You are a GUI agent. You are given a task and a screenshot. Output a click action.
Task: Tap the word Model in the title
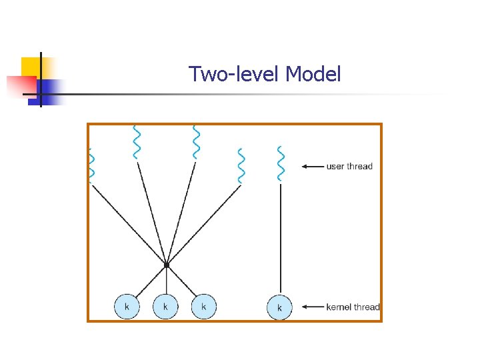(x=313, y=74)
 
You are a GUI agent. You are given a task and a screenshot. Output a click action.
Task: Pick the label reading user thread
(x=349, y=166)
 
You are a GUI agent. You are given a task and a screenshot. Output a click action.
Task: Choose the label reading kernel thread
(x=353, y=307)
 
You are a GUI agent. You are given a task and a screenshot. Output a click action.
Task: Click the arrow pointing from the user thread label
(x=312, y=166)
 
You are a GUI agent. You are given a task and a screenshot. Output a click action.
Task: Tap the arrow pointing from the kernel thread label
(x=312, y=307)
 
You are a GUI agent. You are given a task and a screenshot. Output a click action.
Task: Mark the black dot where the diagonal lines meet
(x=166, y=265)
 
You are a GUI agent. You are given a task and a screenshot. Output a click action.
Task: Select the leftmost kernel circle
(x=127, y=307)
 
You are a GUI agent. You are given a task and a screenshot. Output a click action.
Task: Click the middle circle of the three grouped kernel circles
(x=165, y=307)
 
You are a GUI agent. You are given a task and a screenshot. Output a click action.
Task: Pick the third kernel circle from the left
(x=204, y=307)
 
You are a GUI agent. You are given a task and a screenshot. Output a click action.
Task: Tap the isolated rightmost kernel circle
(x=280, y=307)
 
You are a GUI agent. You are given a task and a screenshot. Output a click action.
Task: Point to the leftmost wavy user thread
(x=91, y=165)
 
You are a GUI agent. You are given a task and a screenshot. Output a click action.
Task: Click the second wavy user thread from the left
(x=136, y=142)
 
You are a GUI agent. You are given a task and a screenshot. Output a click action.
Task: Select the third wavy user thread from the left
(x=195, y=141)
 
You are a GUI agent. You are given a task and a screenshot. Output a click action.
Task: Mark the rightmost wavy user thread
(x=281, y=163)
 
